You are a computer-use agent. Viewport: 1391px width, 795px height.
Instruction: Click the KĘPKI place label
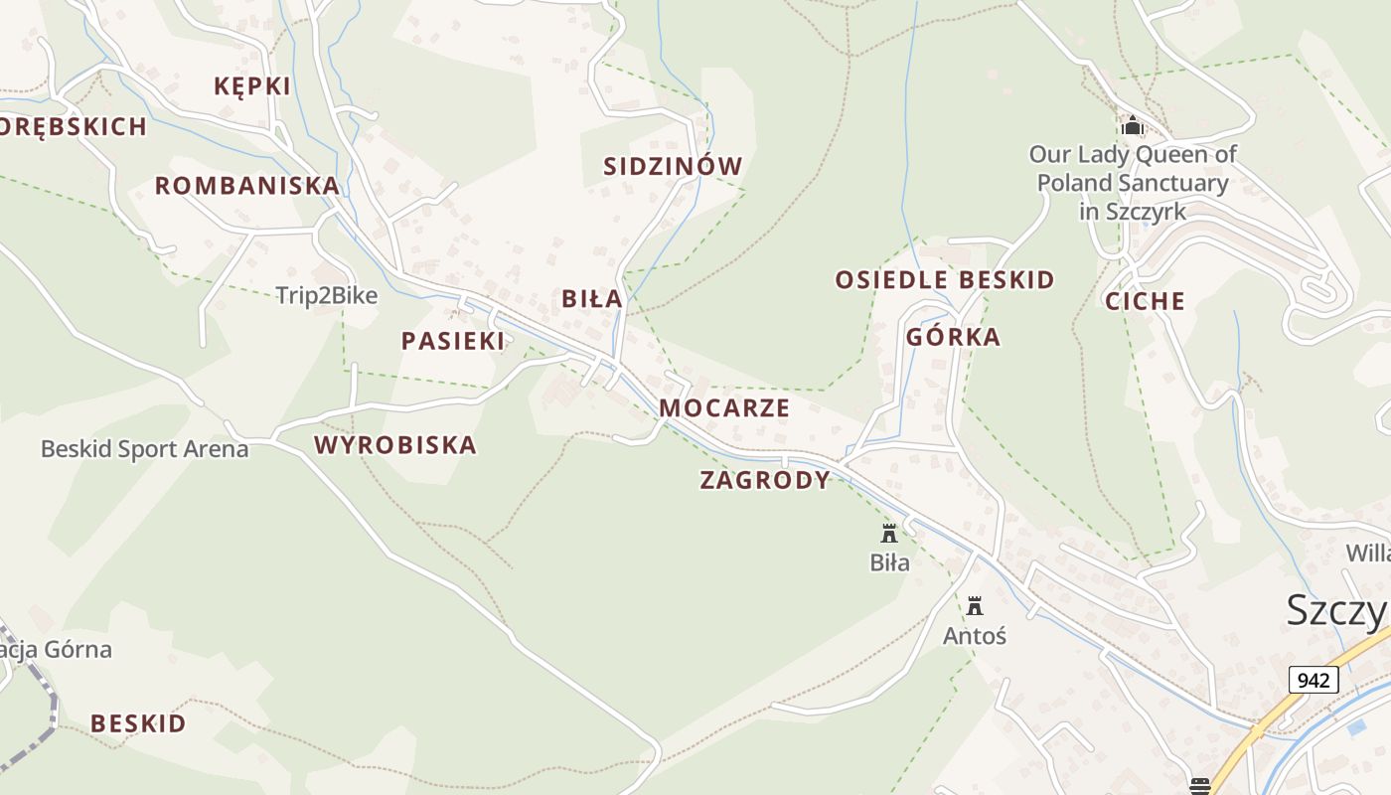[x=252, y=86]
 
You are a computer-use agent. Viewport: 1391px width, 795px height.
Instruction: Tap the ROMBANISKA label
[x=247, y=186]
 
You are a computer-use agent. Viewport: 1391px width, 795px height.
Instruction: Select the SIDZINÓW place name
[x=673, y=166]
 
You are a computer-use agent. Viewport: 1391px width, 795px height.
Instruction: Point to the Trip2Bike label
[x=327, y=295]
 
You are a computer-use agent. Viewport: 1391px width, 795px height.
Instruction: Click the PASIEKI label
[x=452, y=341]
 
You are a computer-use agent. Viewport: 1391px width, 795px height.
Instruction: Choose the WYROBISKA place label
[x=395, y=445]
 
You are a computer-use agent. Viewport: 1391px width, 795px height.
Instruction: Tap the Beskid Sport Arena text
[x=144, y=449]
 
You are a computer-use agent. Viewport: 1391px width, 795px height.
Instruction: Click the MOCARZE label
[x=724, y=407]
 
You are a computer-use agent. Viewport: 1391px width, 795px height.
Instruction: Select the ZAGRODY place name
[x=765, y=480]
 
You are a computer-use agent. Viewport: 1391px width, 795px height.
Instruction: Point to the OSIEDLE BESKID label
[x=944, y=280]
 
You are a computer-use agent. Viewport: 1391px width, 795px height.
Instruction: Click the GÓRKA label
[x=953, y=337]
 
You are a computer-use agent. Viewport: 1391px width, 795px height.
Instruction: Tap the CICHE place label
[x=1146, y=301]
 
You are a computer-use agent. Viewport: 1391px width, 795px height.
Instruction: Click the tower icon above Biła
[x=889, y=534]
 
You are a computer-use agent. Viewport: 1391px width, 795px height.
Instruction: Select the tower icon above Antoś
[x=975, y=605]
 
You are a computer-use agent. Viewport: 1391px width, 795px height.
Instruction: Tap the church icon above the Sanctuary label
[x=1132, y=126]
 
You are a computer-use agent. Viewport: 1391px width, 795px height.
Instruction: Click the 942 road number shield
[x=1314, y=681]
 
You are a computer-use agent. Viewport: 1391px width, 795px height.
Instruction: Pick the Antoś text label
[x=975, y=635]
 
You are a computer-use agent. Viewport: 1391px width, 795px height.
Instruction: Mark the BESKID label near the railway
[x=138, y=723]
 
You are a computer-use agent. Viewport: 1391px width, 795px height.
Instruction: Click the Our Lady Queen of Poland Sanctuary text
[x=1133, y=183]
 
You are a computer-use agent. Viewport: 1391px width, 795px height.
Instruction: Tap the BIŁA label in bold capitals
[x=592, y=298]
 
